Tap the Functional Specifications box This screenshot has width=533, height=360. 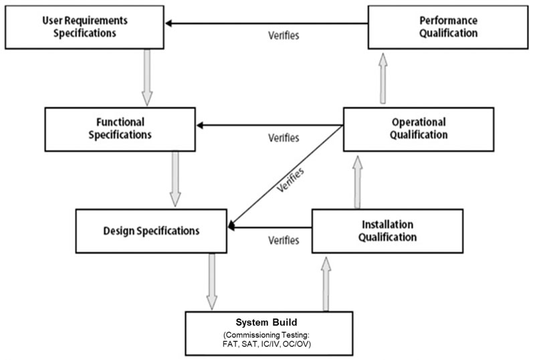[x=120, y=128]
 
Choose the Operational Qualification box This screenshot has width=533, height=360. [x=418, y=128]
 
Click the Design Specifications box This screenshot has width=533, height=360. [x=151, y=230]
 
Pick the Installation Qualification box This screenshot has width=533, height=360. [x=387, y=230]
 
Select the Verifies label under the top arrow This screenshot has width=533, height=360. [x=283, y=35]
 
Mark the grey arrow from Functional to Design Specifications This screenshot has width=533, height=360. [x=175, y=178]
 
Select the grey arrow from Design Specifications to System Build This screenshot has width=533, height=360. [x=211, y=280]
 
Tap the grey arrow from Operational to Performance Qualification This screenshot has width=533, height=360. [x=383, y=78]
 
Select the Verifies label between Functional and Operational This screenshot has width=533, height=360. [x=284, y=137]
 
